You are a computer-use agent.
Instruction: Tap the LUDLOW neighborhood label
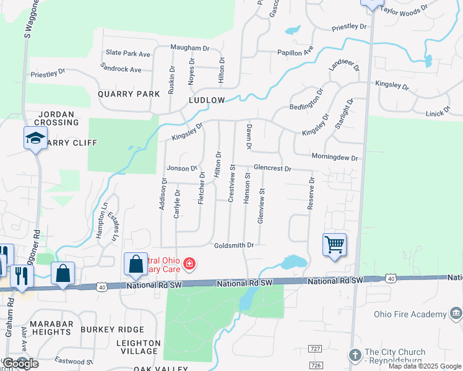[x=207, y=100]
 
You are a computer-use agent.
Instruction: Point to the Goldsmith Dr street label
[x=234, y=245]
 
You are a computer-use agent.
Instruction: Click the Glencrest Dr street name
[x=272, y=168]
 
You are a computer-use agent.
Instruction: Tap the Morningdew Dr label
[x=334, y=158]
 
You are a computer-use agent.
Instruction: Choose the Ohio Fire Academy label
[x=410, y=314]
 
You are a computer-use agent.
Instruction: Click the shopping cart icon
[x=334, y=245]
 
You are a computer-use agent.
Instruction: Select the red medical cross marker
[x=189, y=265]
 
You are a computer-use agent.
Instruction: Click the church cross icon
[x=355, y=355]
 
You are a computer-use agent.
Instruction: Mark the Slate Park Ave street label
[x=128, y=54]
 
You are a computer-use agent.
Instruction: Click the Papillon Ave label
[x=295, y=53]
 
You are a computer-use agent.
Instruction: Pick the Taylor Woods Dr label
[x=404, y=11]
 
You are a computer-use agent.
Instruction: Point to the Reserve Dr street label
[x=312, y=194]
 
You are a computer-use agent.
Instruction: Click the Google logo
[x=20, y=364]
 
